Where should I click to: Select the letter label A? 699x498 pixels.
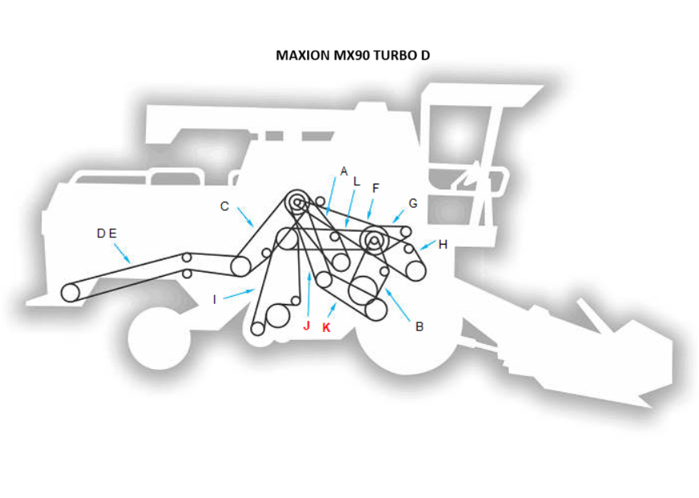344,171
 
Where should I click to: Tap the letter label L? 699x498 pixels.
357,181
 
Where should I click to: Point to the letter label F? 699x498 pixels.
375,188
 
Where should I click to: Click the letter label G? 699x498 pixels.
413,204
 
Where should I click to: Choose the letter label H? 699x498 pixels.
442,244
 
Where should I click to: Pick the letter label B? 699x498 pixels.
418,326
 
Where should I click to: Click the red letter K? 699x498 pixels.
326,327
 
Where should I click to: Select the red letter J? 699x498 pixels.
306,326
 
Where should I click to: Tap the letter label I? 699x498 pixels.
215,300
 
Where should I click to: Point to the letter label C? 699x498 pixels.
225,206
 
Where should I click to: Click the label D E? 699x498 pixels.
107,233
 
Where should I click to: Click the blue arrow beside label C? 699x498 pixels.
246,217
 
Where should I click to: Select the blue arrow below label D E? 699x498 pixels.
123,254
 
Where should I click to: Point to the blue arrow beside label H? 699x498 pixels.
427,245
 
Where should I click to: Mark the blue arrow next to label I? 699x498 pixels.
239,294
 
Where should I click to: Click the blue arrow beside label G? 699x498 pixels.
398,214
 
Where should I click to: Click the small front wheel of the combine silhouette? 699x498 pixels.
159,338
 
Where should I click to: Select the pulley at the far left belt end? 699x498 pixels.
71,293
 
